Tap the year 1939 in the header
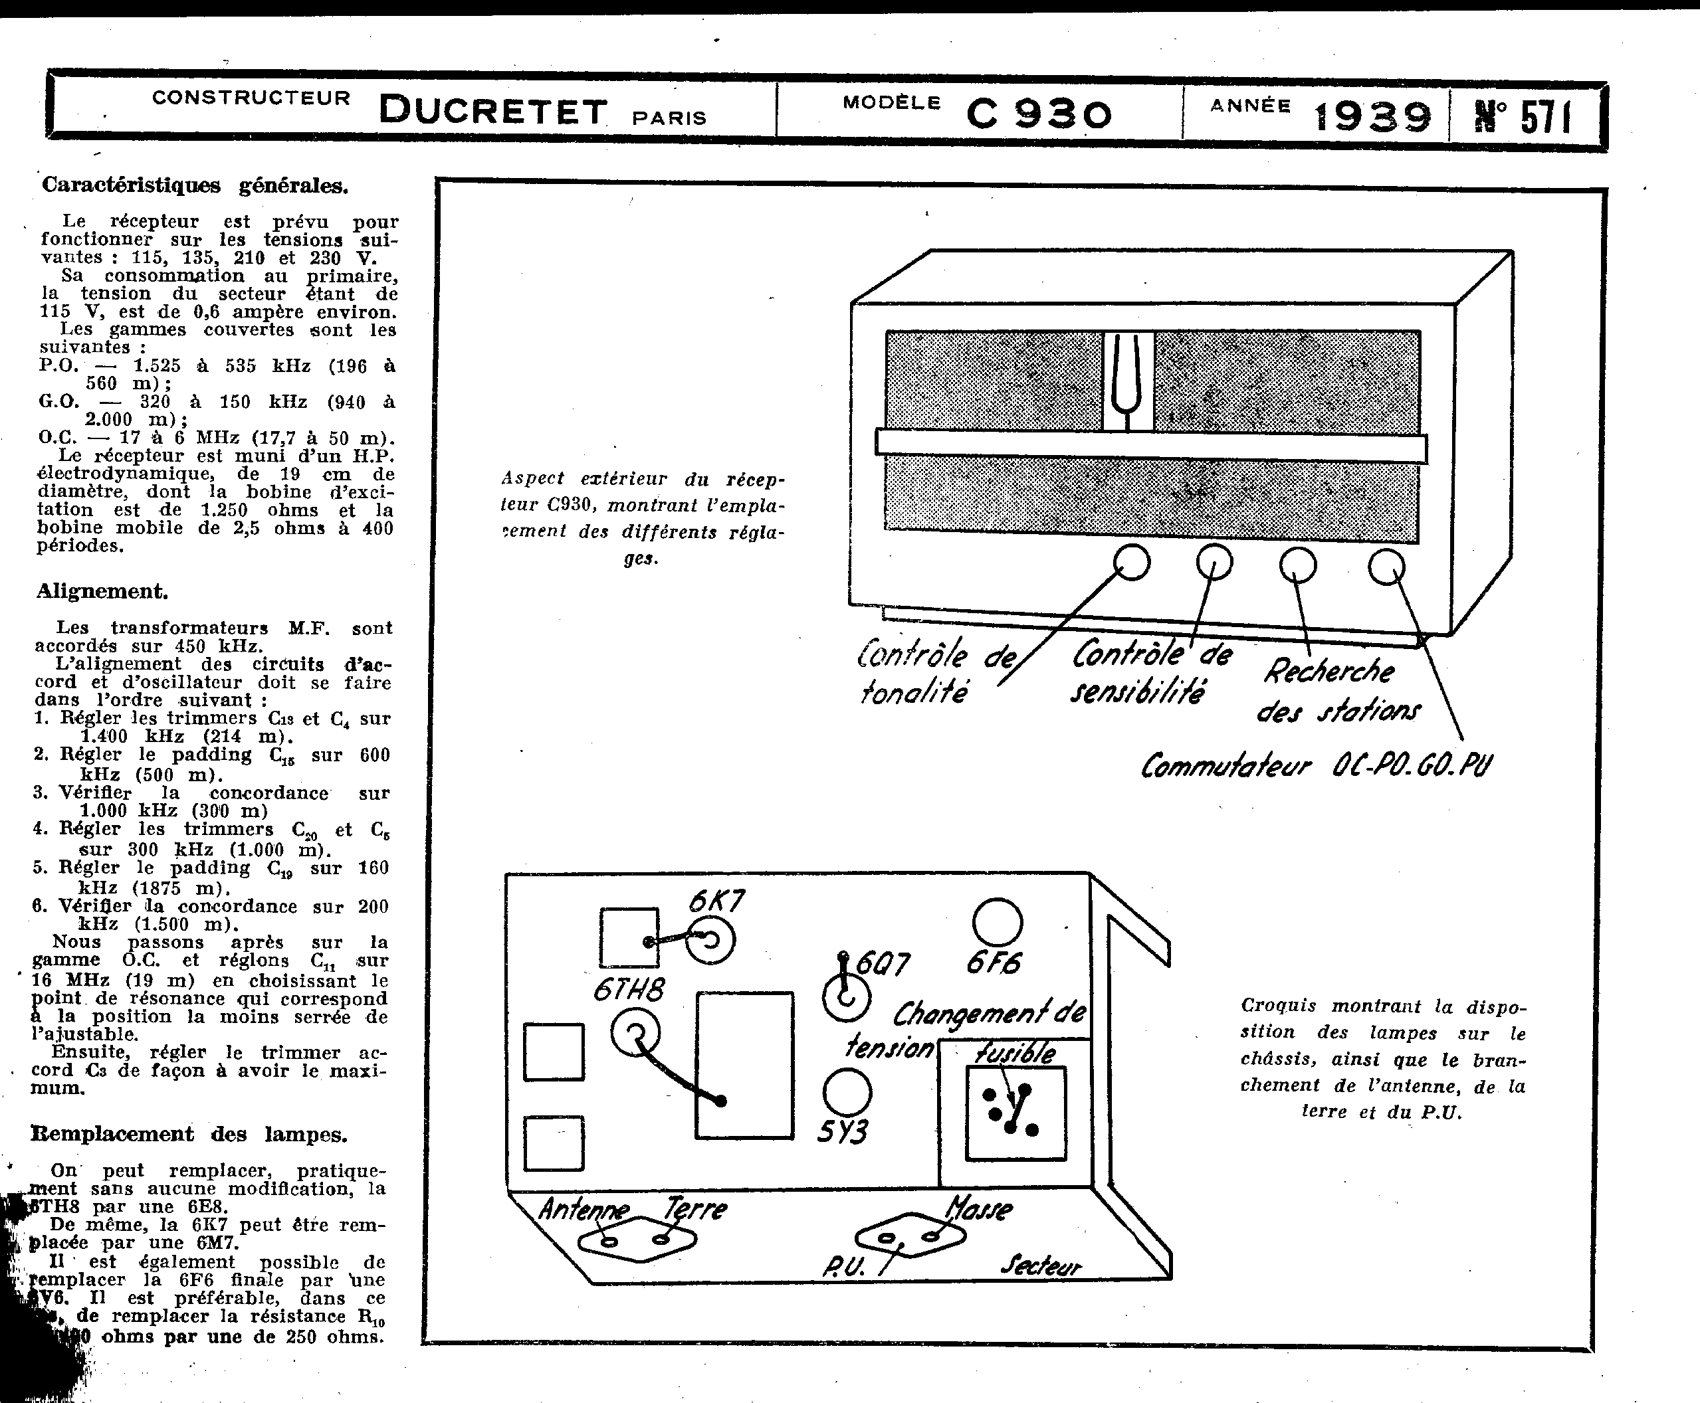point(1372,116)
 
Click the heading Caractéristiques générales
point(195,185)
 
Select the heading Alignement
point(102,592)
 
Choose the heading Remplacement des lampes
point(189,1134)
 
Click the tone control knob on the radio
point(1132,563)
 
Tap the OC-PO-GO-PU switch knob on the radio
point(1386,567)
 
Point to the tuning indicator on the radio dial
point(1128,381)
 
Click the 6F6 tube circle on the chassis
point(998,922)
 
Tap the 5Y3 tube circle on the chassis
point(847,1093)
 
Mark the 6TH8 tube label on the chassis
point(628,990)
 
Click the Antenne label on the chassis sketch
point(582,1209)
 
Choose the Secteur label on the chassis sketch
point(1039,1265)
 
